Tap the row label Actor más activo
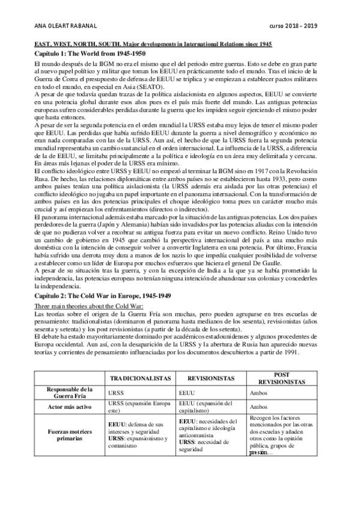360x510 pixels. click(69, 407)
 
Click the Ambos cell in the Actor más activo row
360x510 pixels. click(258, 407)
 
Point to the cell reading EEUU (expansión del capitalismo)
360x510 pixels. click(207, 407)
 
